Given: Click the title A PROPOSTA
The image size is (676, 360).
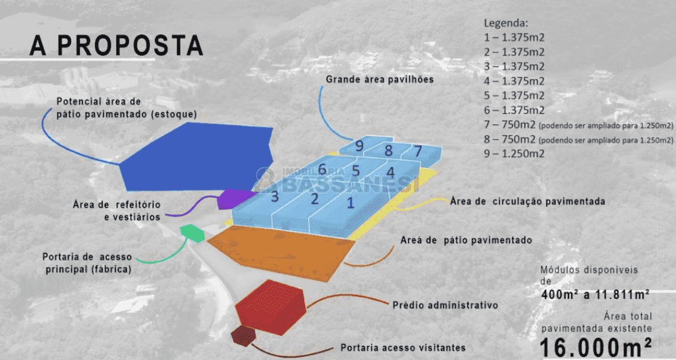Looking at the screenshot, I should [116, 45].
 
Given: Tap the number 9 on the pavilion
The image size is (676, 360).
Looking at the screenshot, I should [360, 147].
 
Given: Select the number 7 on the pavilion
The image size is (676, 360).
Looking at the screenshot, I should [418, 150].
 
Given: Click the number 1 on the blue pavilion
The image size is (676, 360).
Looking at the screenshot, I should [350, 202].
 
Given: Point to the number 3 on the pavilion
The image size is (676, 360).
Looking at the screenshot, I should [275, 196].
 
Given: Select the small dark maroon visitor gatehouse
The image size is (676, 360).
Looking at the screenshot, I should [242, 336].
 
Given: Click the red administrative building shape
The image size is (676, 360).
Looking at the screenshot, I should [270, 306].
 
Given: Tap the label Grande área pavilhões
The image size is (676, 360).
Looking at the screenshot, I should [380, 79].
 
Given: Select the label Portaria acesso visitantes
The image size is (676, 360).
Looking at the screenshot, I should [403, 348].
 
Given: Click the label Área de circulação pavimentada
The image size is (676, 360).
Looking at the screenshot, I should [527, 201].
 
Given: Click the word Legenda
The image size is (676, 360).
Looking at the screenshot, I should [506, 23].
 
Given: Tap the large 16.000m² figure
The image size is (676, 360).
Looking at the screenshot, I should [596, 347].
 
